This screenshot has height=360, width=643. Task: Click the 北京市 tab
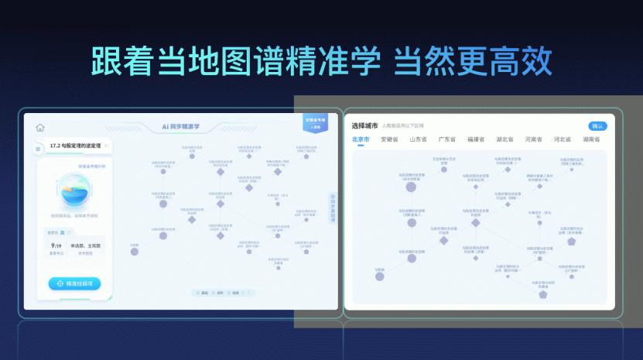(x=361, y=140)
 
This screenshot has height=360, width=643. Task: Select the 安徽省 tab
(x=389, y=140)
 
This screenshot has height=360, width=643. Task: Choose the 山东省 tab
(x=418, y=140)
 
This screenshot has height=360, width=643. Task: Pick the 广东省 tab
(x=447, y=140)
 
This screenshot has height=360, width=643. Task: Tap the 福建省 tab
(x=476, y=140)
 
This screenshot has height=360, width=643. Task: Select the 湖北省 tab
(x=504, y=140)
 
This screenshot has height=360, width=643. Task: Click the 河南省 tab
(x=533, y=140)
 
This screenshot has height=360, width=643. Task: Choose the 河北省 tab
(x=562, y=140)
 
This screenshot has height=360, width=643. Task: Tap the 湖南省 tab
(x=592, y=140)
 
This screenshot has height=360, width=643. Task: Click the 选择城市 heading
(x=364, y=125)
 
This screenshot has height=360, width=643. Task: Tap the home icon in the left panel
(x=40, y=128)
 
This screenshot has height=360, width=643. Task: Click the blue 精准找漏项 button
(x=74, y=284)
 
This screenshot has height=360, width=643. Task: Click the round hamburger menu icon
(x=38, y=149)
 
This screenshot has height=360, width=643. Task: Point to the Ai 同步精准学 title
(x=180, y=126)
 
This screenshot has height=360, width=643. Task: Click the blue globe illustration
(x=75, y=190)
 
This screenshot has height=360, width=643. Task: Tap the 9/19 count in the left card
(x=56, y=245)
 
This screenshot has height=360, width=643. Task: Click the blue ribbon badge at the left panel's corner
(x=316, y=123)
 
